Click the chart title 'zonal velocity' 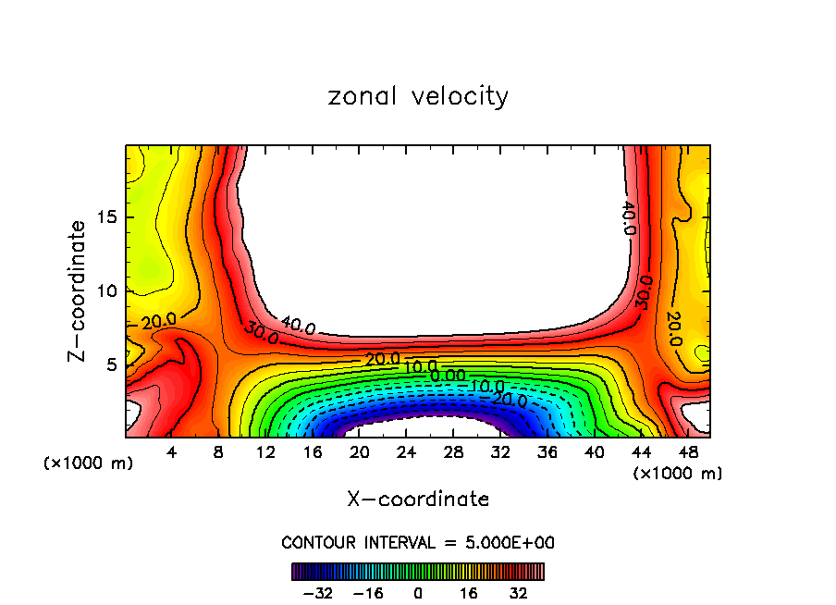click(x=418, y=96)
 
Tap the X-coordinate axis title click(x=418, y=500)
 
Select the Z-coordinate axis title click(x=79, y=290)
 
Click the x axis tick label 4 click(x=171, y=452)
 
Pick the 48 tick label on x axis click(x=687, y=452)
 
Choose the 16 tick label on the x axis click(x=312, y=452)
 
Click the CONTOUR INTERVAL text click(x=418, y=542)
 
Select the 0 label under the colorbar click(x=418, y=592)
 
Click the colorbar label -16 click(x=367, y=592)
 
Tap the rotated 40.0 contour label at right click(x=627, y=218)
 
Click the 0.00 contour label click(x=449, y=376)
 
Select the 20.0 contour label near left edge click(x=158, y=321)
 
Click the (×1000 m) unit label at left click(x=89, y=463)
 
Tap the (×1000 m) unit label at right click(x=677, y=474)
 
